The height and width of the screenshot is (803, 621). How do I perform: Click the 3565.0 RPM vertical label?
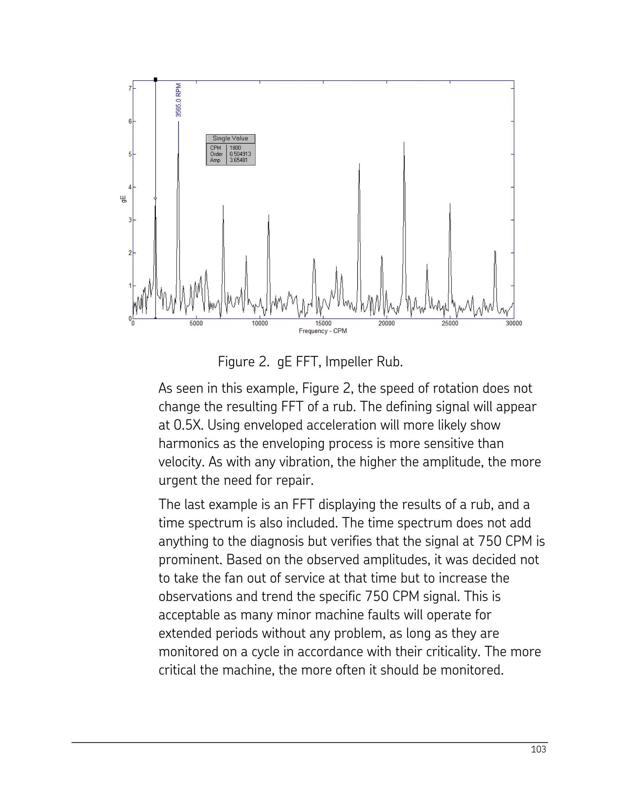[178, 100]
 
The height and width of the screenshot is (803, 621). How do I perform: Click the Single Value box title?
[230, 138]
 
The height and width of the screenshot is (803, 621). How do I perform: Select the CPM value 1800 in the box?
[235, 148]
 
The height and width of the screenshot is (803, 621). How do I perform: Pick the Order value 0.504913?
[240, 154]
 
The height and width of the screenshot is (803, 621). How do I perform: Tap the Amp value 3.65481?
[238, 160]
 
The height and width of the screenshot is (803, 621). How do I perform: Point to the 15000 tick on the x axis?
[323, 324]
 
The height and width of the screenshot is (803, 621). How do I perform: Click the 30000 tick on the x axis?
[514, 324]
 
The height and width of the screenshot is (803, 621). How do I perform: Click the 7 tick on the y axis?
[130, 88]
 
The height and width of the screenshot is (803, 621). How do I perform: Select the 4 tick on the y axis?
[130, 187]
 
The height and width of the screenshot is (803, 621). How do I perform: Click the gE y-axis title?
[124, 199]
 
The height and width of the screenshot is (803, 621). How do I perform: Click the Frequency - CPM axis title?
[323, 331]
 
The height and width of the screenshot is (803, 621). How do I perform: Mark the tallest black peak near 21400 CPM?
[404, 143]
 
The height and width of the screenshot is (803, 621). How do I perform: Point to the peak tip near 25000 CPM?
[450, 204]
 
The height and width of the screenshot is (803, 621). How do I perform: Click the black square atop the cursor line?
[156, 79]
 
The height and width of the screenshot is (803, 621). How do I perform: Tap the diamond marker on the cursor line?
[155, 198]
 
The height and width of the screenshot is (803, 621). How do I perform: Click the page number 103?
[538, 749]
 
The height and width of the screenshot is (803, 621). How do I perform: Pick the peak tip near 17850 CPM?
[359, 164]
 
